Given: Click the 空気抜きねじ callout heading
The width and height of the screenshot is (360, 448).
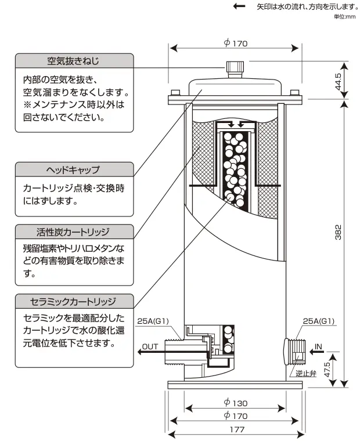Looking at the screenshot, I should coord(73,61).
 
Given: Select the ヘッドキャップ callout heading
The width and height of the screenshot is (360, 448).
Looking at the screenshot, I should coord(73,170).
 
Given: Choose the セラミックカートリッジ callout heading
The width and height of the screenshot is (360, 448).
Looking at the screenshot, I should coord(73,302).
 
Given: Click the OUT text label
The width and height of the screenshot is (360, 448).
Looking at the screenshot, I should coord(150,346).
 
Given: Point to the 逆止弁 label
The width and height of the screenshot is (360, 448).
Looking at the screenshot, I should coord(305,374).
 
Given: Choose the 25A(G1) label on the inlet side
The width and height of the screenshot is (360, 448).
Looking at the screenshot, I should coord(319,321).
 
